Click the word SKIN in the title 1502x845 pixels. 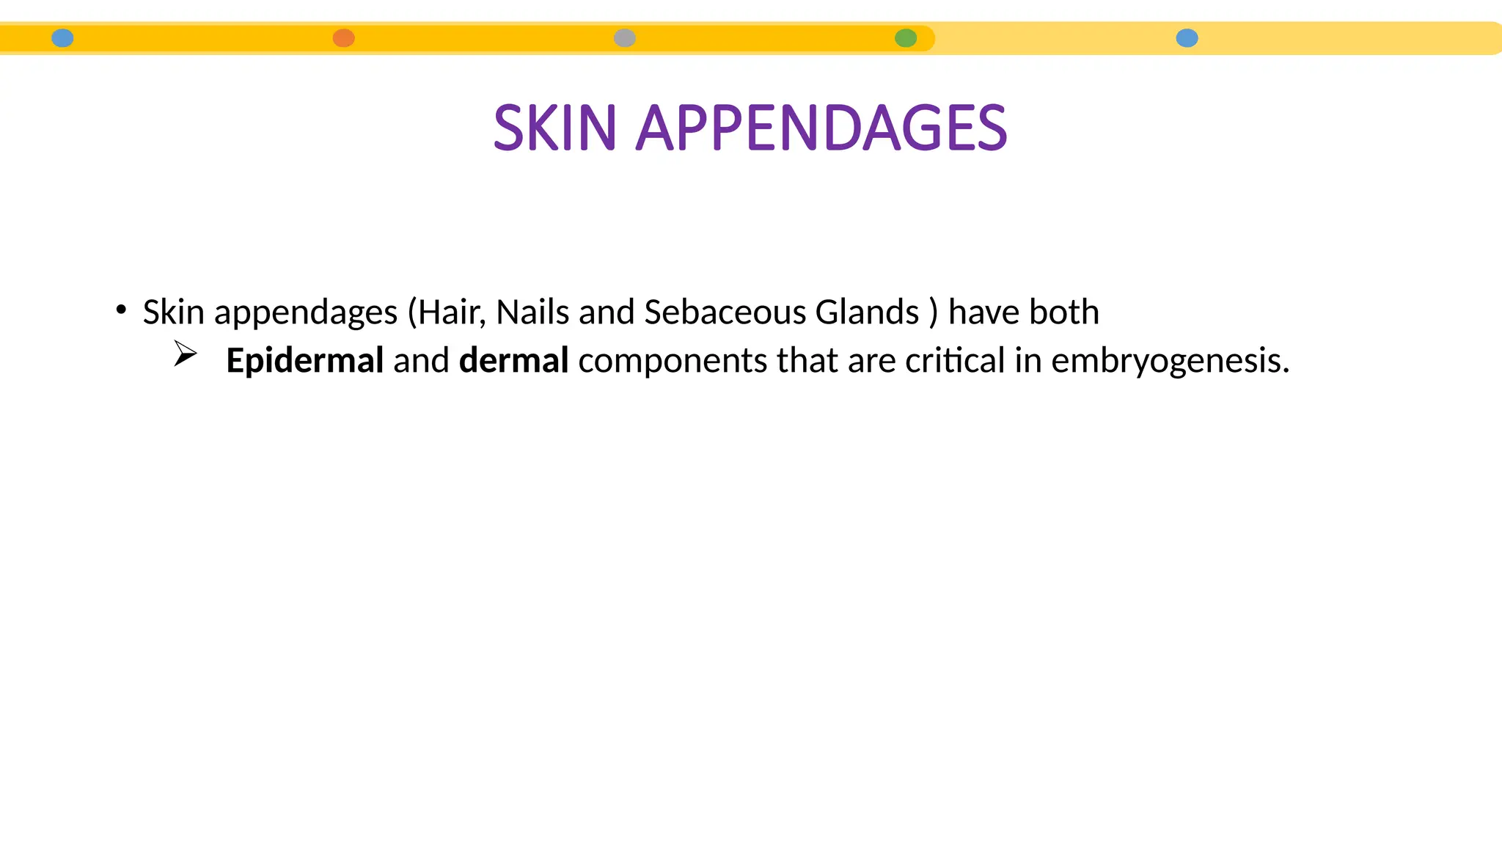pyautogui.click(x=554, y=128)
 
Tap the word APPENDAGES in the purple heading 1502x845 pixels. pyautogui.click(x=821, y=128)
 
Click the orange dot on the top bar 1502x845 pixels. pyautogui.click(x=344, y=38)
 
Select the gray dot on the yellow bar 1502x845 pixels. pyautogui.click(x=625, y=38)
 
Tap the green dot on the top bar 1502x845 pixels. pyautogui.click(x=906, y=38)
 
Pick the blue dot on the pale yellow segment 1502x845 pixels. pyautogui.click(x=1187, y=38)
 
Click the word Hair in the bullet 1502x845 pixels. pyautogui.click(x=451, y=312)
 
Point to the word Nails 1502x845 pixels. pyautogui.click(x=532, y=312)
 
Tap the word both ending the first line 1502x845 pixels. pyautogui.click(x=1064, y=312)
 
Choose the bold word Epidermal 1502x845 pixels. pyautogui.click(x=304, y=361)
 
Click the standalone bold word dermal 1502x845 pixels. pyautogui.click(x=513, y=361)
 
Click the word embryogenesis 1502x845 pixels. pyautogui.click(x=1170, y=361)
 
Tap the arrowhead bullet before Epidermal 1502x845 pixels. pyautogui.click(x=186, y=354)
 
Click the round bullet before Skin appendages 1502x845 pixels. pyautogui.click(x=121, y=310)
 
